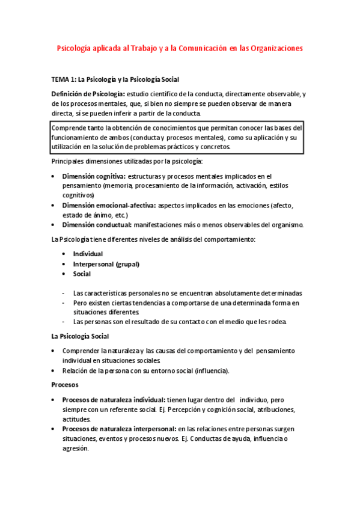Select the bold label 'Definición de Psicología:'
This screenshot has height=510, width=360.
[x=88, y=94]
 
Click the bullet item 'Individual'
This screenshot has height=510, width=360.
[x=88, y=254]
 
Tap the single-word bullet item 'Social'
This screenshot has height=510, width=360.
[x=82, y=274]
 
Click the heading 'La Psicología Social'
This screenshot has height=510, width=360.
[x=79, y=336]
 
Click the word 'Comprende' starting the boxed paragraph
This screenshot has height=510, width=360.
[x=69, y=127]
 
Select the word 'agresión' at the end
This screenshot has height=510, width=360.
[x=75, y=448]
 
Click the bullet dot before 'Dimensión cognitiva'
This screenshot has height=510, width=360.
[x=55, y=176]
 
